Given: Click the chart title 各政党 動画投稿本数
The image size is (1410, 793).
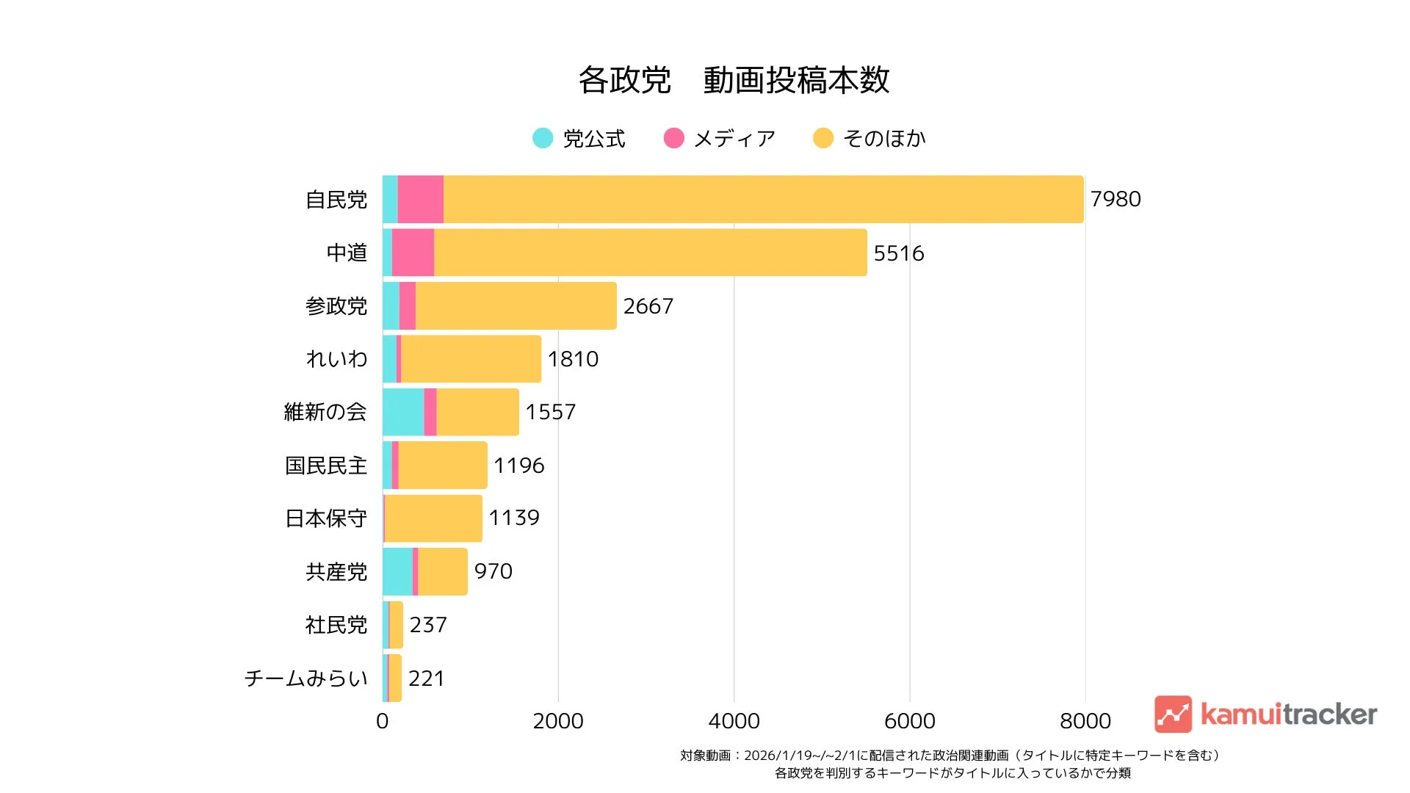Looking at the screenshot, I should coord(734,80).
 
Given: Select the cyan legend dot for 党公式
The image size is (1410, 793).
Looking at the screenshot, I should coord(543,138).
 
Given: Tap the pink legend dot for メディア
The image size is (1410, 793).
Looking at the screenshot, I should coord(673,138).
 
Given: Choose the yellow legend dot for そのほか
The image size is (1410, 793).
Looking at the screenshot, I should coord(823,138).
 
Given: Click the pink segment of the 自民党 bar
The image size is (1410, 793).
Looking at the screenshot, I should coord(420,199).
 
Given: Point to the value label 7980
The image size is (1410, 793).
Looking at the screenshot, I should coord(1115,199).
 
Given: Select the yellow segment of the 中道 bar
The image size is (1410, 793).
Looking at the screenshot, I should coord(650,253).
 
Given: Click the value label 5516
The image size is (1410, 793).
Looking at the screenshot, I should coord(898,253).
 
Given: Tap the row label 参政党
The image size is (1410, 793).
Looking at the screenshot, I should coord(336,306).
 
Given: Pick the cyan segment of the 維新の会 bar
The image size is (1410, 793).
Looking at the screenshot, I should coord(403,412).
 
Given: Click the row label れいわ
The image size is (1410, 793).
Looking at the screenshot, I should coord(336,359).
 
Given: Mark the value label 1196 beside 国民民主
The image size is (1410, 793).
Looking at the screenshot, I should coord(518,466).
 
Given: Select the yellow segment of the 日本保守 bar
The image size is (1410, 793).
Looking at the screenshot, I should coord(433,518).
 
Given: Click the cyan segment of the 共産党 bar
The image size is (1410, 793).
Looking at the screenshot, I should coord(397,571).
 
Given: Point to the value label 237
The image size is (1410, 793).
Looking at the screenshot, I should coord(427,625).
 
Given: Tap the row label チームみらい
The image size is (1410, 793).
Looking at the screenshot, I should coord(305,678).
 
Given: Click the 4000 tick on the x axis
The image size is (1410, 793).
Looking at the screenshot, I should coord(734,721).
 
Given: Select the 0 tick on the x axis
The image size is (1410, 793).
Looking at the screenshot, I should coord(382,721).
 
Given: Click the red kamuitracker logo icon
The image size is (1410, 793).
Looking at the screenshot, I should coord(1173,714).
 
